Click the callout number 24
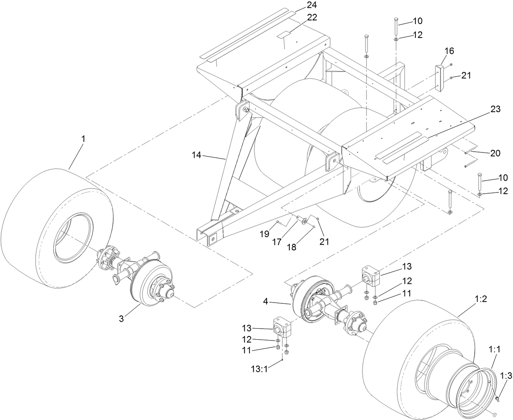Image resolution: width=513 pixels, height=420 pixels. [311, 5]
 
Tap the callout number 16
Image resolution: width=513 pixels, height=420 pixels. [449, 51]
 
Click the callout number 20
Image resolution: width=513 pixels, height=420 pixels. [495, 153]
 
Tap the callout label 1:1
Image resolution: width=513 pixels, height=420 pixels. [494, 349]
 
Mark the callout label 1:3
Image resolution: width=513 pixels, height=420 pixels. [506, 376]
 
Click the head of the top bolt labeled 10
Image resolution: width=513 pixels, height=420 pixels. [395, 19]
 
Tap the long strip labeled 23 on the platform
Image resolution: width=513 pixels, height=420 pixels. [402, 145]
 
